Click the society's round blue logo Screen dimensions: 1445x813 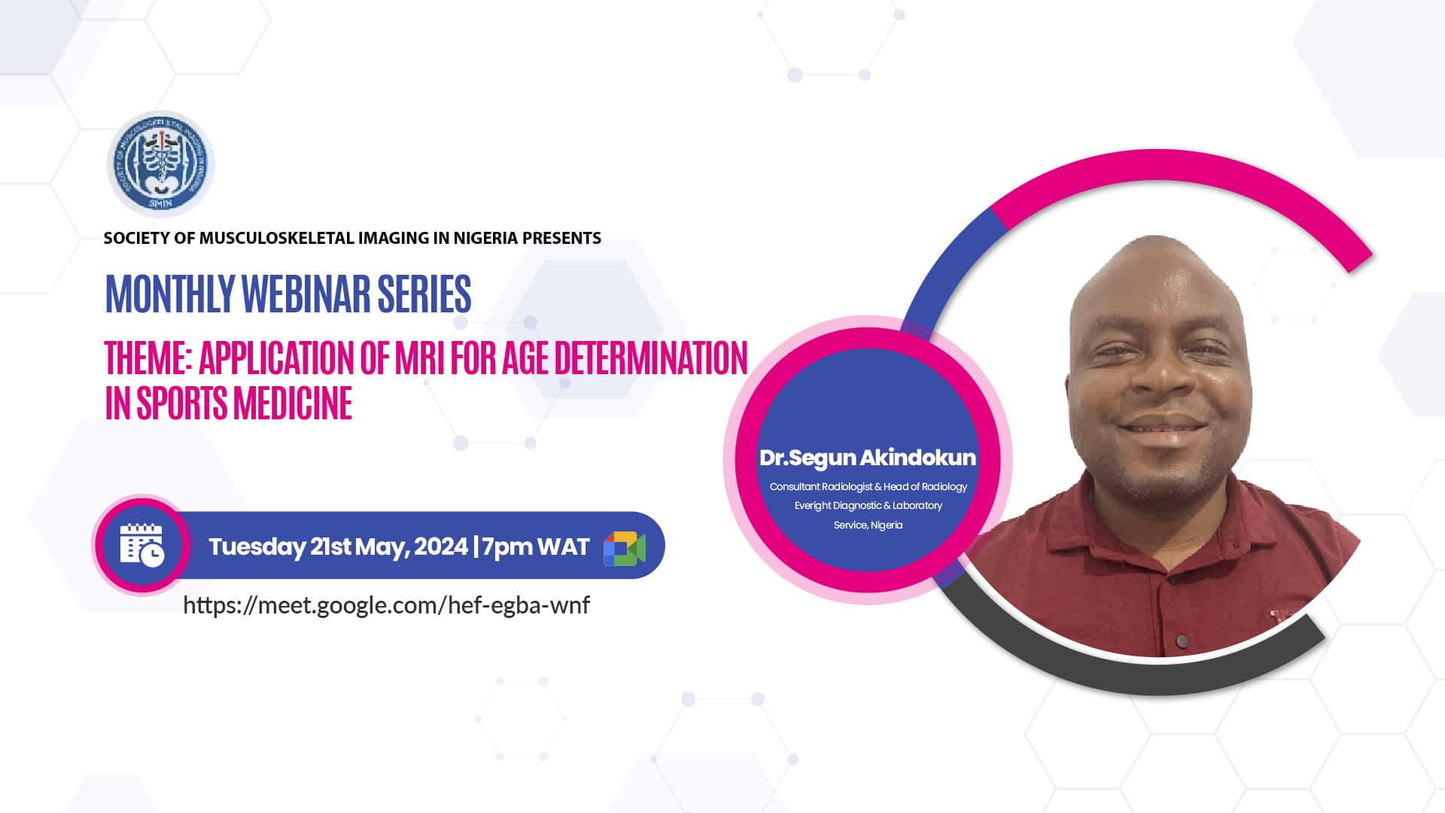point(161,164)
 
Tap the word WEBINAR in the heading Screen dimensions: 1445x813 point(306,294)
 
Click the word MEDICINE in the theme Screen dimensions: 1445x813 point(293,403)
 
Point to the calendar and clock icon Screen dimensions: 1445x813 point(141,545)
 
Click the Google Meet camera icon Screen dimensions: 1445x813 point(625,548)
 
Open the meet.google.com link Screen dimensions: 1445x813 point(386,605)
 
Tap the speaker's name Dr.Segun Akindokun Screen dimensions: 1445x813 point(868,458)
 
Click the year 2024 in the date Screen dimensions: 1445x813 point(441,546)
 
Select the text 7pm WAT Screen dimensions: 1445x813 point(536,547)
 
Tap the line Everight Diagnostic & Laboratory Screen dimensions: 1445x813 point(869,506)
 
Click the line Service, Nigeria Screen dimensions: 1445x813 point(868,525)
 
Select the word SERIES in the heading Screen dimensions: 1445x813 point(424,294)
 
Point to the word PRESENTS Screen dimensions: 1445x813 point(561,238)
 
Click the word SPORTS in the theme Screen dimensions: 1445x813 point(182,403)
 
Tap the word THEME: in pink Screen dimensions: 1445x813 point(149,358)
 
